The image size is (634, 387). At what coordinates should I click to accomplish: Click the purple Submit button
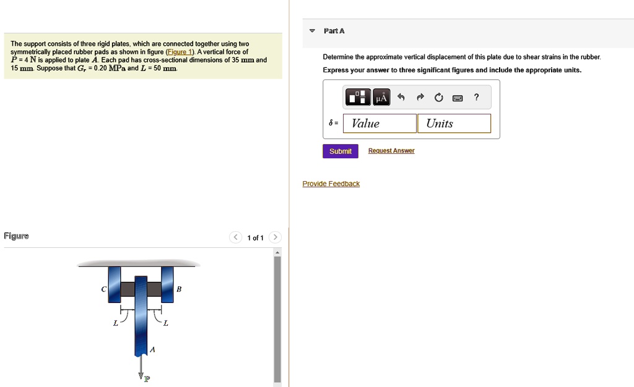pyautogui.click(x=340, y=151)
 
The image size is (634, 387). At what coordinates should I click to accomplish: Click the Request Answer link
pyautogui.click(x=391, y=151)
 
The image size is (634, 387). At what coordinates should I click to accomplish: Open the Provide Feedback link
pyautogui.click(x=331, y=184)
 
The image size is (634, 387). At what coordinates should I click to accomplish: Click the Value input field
pyautogui.click(x=380, y=123)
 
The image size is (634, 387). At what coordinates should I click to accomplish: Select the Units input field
pyautogui.click(x=454, y=123)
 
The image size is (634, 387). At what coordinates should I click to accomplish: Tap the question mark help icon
pyautogui.click(x=476, y=97)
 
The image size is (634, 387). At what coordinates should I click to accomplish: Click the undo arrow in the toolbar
pyautogui.click(x=401, y=97)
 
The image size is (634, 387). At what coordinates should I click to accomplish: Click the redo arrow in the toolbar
pyautogui.click(x=420, y=97)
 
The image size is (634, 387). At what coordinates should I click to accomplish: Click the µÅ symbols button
pyautogui.click(x=381, y=97)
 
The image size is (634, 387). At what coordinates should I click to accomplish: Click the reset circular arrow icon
pyautogui.click(x=439, y=97)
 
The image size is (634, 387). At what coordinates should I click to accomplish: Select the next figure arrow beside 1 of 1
pyautogui.click(x=276, y=237)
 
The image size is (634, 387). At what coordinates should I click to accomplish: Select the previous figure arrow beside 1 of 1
pyautogui.click(x=235, y=237)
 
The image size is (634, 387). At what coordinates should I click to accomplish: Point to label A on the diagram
pyautogui.click(x=153, y=350)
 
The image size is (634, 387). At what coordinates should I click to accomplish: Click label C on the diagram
pyautogui.click(x=104, y=289)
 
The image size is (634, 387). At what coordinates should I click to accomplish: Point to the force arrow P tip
pyautogui.click(x=141, y=377)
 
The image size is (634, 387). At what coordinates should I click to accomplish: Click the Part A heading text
pyautogui.click(x=334, y=31)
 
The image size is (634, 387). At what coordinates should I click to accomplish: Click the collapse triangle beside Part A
pyautogui.click(x=313, y=31)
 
